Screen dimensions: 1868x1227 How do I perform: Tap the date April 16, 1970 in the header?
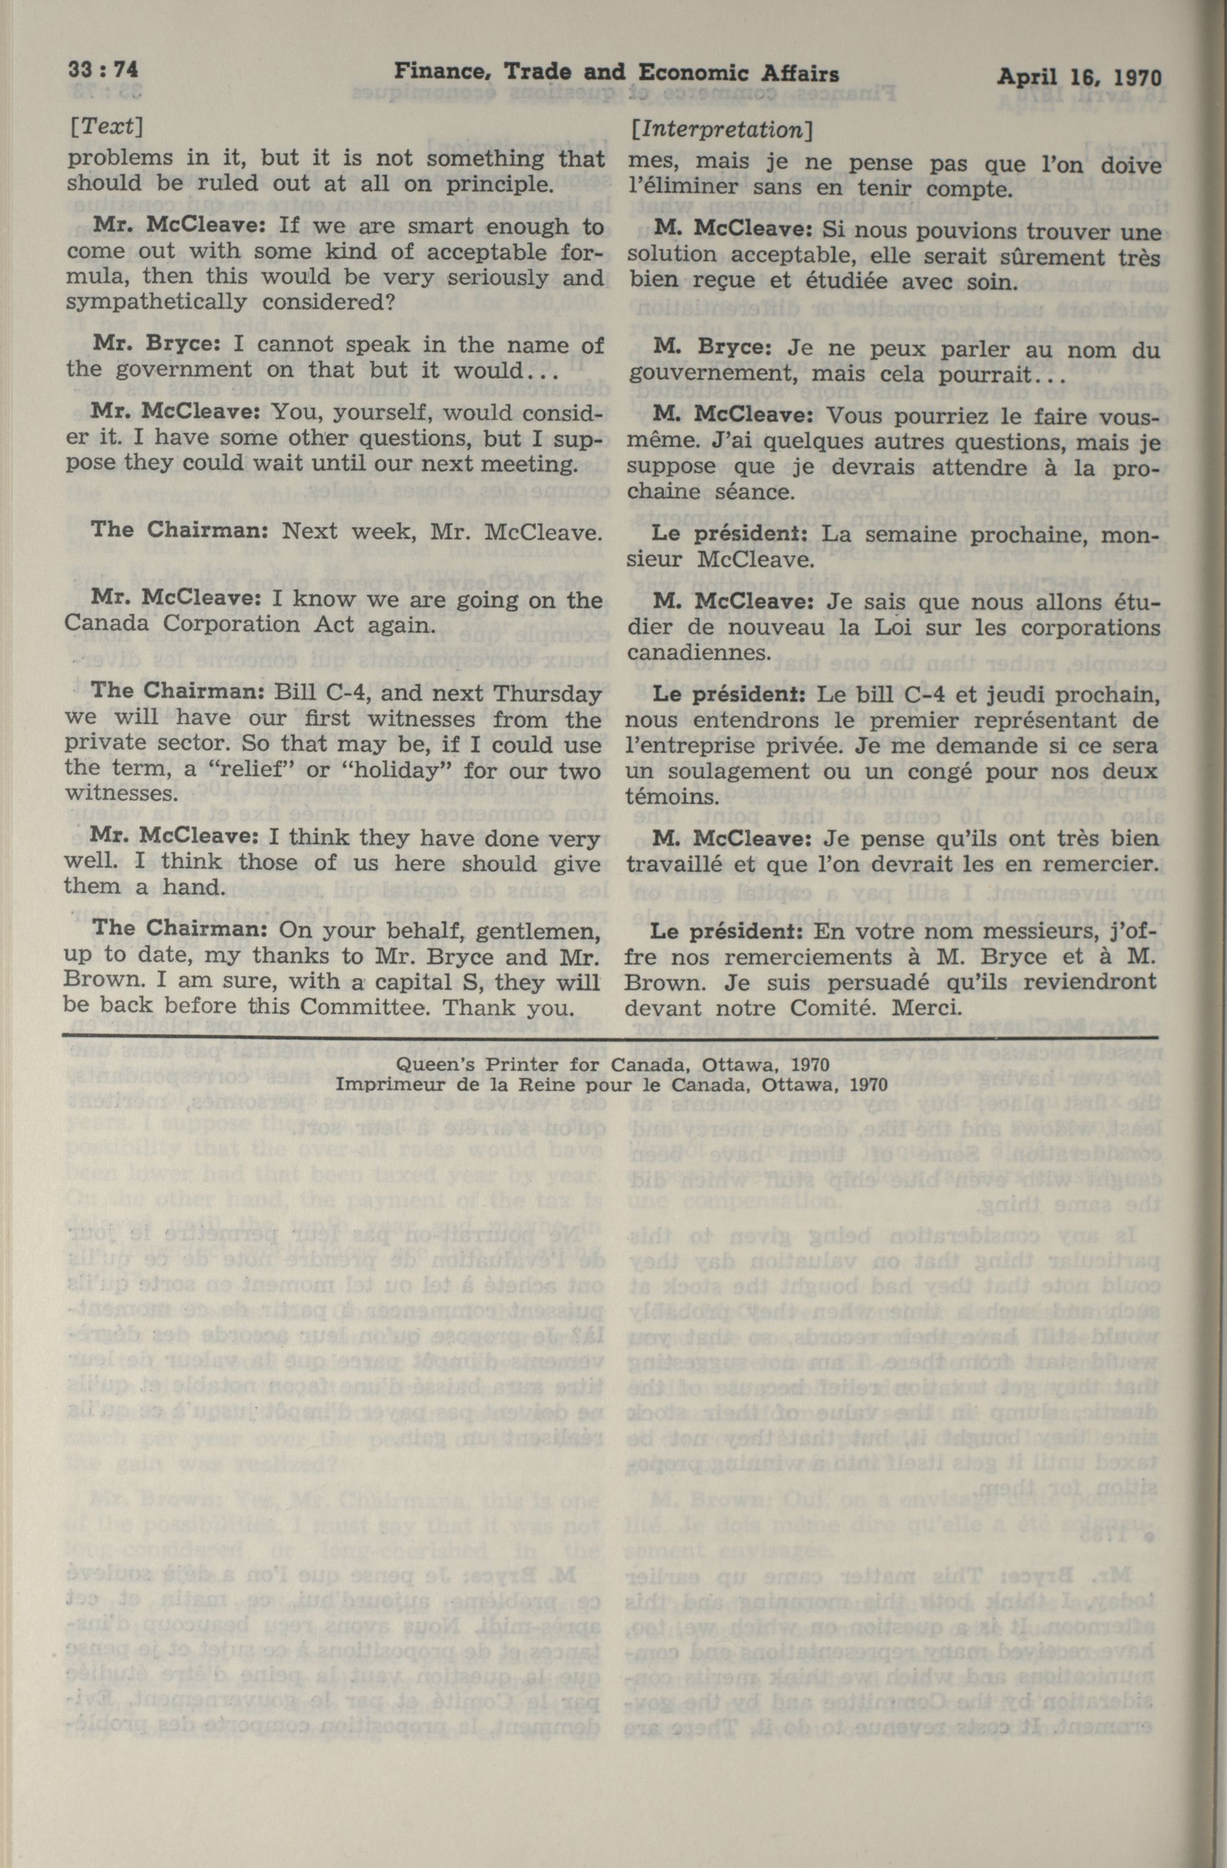1079,77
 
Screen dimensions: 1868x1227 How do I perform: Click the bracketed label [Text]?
104,127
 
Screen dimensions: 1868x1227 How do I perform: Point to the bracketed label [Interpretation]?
721,129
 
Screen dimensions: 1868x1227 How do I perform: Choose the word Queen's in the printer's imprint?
435,1065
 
